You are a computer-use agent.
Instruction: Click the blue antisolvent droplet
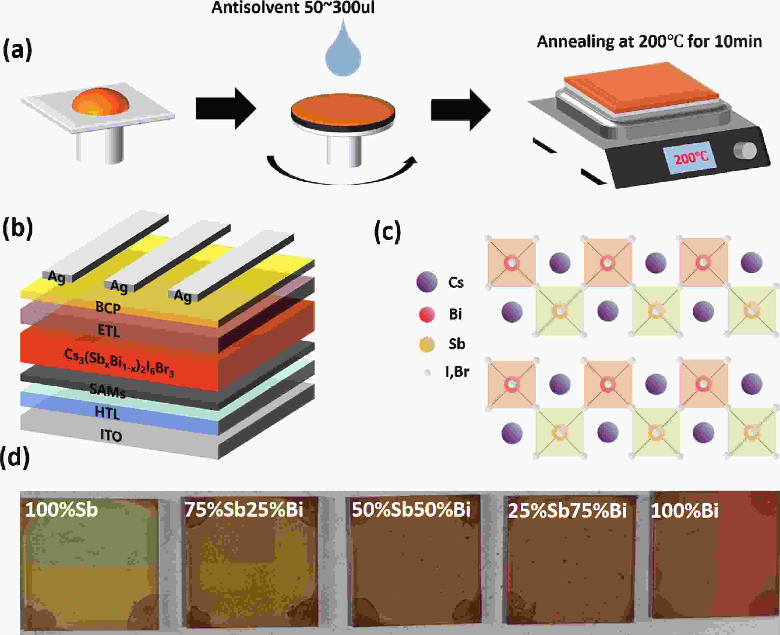(343, 51)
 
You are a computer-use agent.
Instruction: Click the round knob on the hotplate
(745, 150)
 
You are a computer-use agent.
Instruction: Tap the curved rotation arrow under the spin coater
(342, 172)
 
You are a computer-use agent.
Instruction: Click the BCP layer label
(108, 308)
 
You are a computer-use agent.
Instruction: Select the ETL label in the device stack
(109, 331)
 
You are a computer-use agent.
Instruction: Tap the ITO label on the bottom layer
(111, 436)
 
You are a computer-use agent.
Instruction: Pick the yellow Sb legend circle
(427, 344)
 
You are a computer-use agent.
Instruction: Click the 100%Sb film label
(61, 509)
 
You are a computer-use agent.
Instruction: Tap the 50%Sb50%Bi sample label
(411, 509)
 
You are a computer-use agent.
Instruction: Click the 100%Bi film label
(684, 510)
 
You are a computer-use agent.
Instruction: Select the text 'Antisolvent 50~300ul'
(293, 7)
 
